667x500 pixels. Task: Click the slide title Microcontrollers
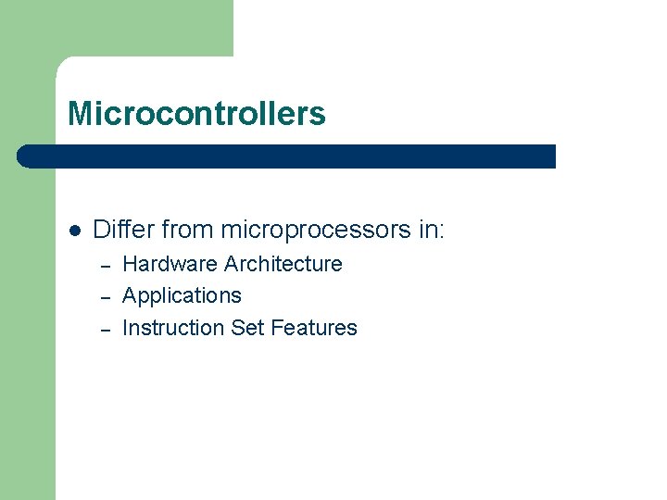pyautogui.click(x=196, y=114)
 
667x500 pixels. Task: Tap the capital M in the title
pyautogui.click(x=79, y=114)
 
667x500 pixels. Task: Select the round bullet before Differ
pyautogui.click(x=75, y=230)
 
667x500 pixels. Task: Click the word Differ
pyautogui.click(x=123, y=230)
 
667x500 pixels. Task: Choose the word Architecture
pyautogui.click(x=283, y=264)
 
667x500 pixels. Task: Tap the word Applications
pyautogui.click(x=182, y=296)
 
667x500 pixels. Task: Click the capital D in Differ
pyautogui.click(x=101, y=230)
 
